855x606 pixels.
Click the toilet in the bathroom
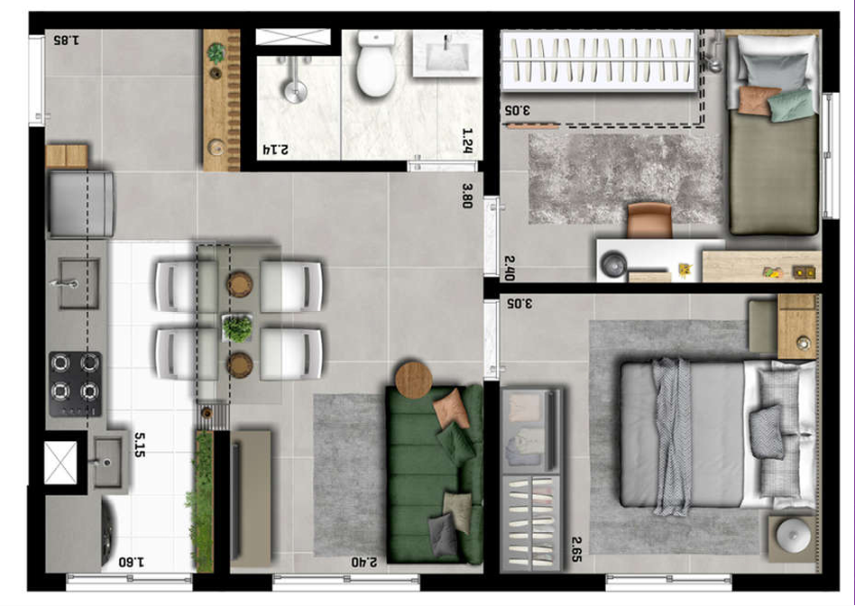[x=376, y=63]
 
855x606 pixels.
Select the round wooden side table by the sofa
[x=414, y=380]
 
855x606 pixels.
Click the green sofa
[x=435, y=474]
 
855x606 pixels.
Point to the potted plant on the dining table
[x=238, y=328]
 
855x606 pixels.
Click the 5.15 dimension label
[x=140, y=445]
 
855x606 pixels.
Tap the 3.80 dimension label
[x=467, y=196]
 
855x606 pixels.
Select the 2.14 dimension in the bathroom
[x=276, y=149]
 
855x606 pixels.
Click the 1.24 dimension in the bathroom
[x=467, y=140]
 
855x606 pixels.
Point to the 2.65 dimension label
[x=576, y=549]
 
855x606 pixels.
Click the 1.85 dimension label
[x=67, y=40]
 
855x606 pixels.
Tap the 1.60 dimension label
[x=132, y=562]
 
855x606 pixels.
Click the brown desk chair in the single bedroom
[x=649, y=220]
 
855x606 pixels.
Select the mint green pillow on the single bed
[x=791, y=106]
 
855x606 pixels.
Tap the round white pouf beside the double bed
[x=792, y=536]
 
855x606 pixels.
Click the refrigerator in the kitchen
[x=81, y=204]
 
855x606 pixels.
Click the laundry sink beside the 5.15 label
[x=108, y=463]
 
